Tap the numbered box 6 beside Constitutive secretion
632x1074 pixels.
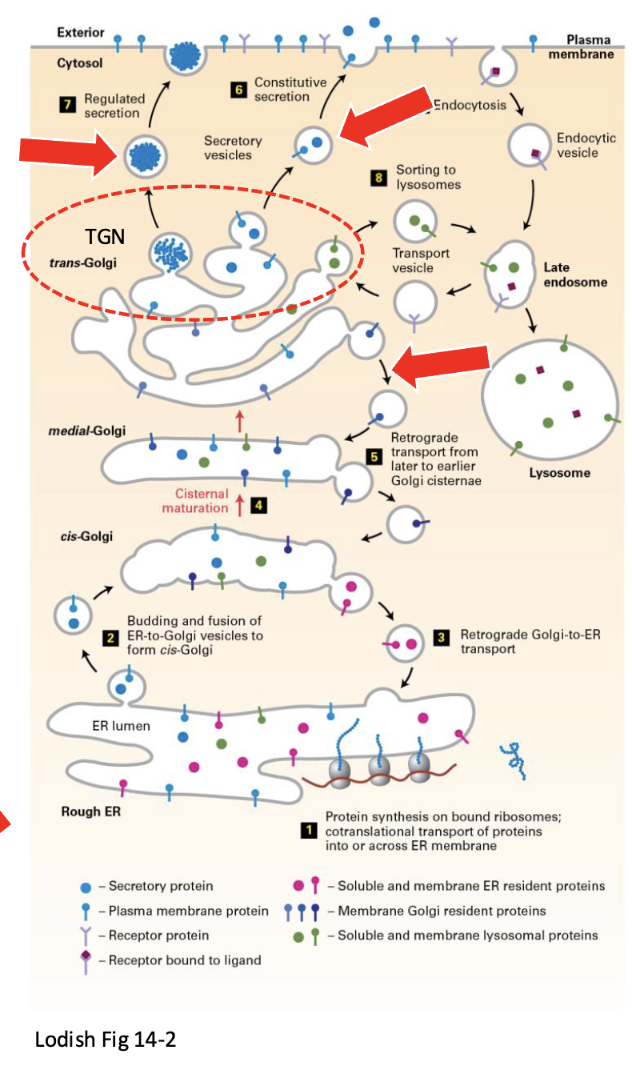click(x=238, y=89)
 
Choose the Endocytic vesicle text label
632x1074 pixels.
click(x=586, y=145)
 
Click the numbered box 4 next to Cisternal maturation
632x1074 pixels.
click(x=258, y=506)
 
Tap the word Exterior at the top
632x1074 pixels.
click(x=80, y=33)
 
